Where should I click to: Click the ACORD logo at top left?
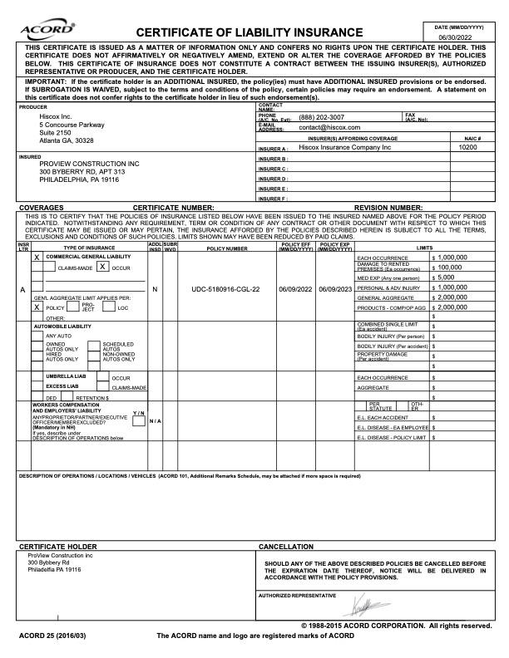[34, 31]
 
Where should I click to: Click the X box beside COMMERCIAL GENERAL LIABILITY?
[37, 258]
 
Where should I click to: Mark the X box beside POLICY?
[37, 330]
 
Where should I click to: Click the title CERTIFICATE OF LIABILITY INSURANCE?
[255, 32]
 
